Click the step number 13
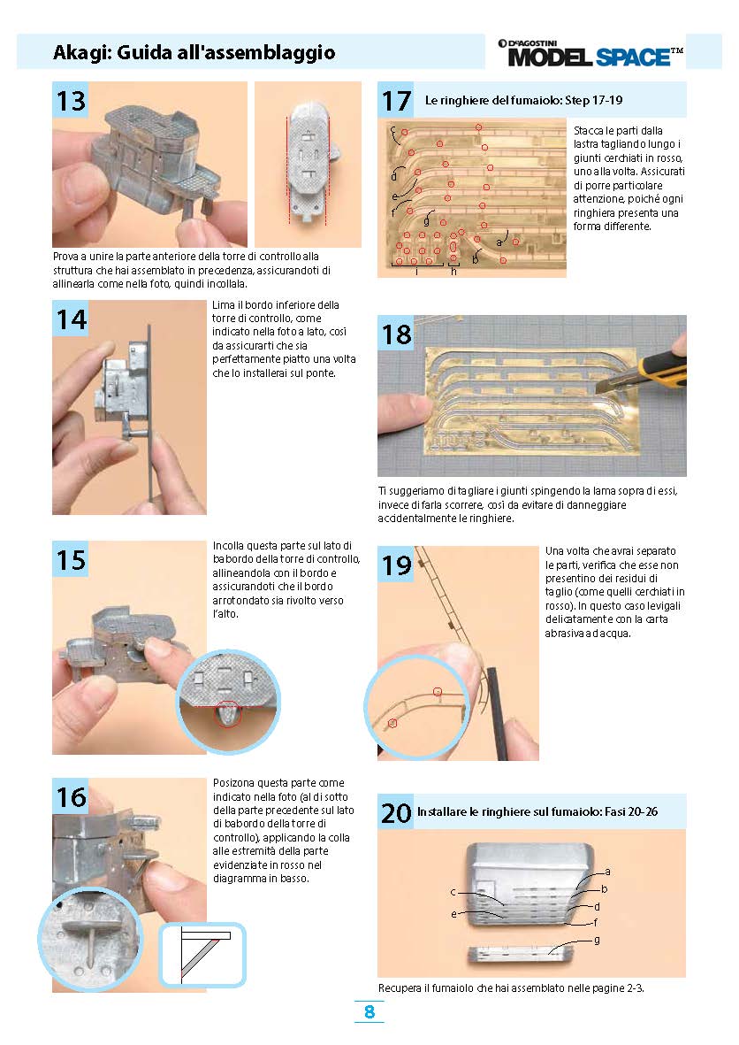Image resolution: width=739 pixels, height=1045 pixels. (71, 101)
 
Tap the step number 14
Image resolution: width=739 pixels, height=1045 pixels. (71, 319)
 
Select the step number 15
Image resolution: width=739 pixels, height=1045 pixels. (71, 560)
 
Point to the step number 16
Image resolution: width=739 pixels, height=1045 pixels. (71, 797)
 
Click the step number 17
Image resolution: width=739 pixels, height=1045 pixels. (396, 101)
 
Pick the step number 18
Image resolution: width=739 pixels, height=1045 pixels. (396, 334)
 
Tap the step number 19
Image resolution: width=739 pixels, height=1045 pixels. (396, 565)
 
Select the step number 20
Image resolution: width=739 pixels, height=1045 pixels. (396, 813)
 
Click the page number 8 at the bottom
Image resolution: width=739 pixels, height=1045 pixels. (369, 1011)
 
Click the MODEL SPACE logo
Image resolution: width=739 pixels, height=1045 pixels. (590, 53)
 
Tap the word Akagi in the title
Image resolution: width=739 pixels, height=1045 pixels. (81, 53)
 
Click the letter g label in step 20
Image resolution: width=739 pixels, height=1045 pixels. (597, 940)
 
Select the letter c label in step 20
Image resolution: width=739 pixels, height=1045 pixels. (453, 892)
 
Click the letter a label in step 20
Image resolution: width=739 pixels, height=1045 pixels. (607, 872)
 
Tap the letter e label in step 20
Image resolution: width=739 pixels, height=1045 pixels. (454, 914)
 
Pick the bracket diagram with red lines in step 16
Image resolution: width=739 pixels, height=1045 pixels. (202, 955)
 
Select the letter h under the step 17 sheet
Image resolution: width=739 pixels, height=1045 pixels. (454, 272)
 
